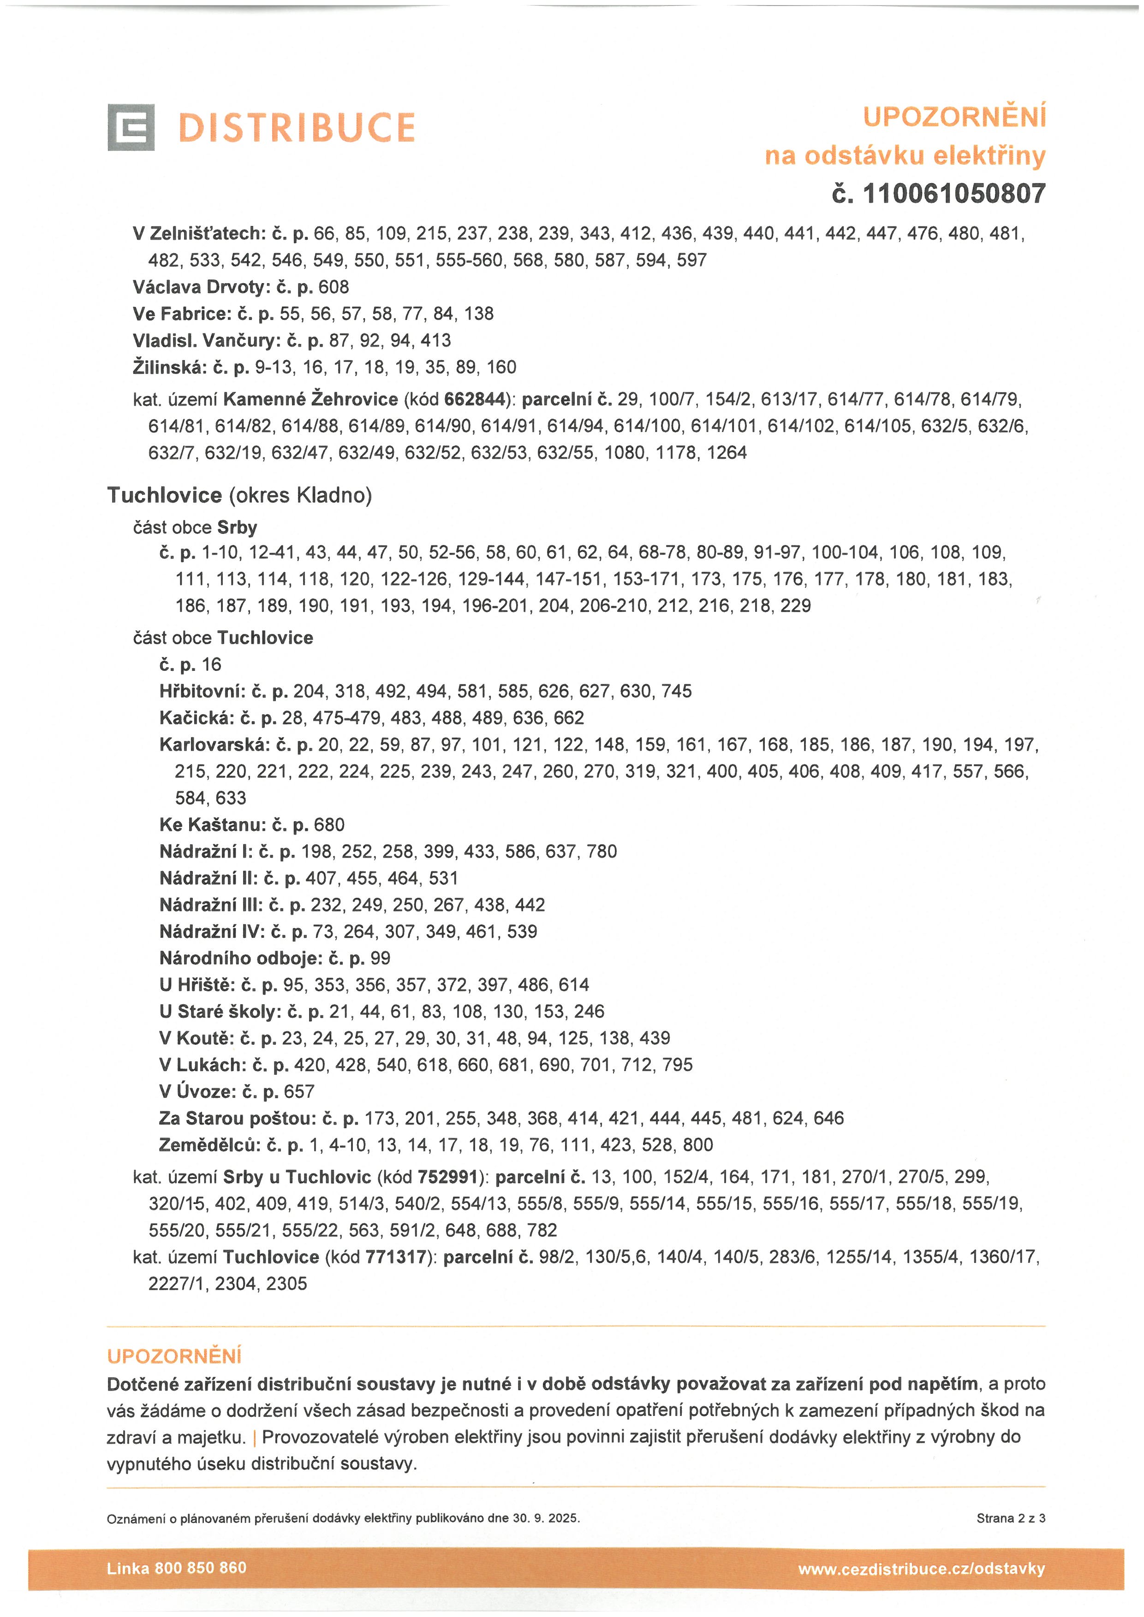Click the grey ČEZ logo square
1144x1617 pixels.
pos(131,127)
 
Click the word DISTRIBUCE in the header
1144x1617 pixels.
pos(297,127)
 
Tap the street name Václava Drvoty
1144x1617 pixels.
pos(195,287)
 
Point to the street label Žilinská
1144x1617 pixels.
pos(169,367)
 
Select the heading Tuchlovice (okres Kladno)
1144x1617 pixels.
pos(239,496)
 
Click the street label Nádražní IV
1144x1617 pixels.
pos(209,932)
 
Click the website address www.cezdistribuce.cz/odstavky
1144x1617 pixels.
pos(921,1569)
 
